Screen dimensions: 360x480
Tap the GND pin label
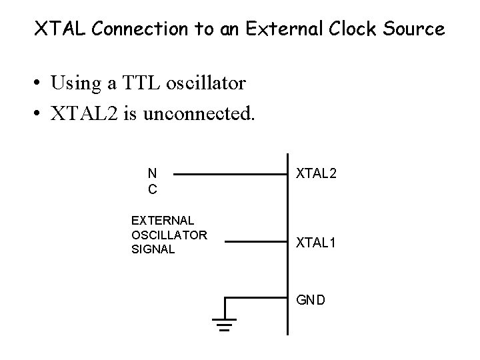[x=311, y=300]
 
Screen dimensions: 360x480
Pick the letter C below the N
[x=152, y=190]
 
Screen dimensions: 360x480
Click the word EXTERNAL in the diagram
[x=163, y=219]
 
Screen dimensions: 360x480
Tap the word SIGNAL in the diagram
[x=153, y=249]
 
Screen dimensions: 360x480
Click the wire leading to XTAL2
[x=230, y=175]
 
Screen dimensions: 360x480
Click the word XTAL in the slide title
[x=57, y=29]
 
